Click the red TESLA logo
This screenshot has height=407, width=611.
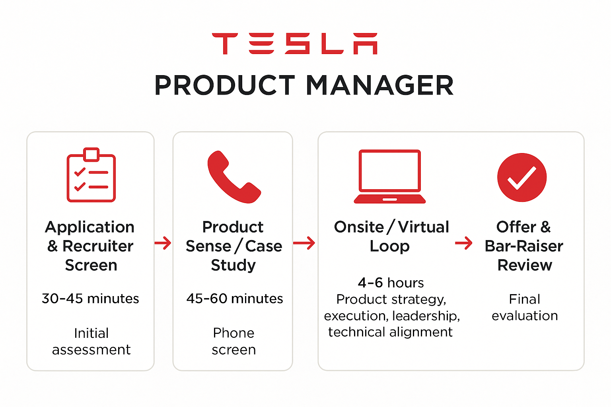pyautogui.click(x=295, y=44)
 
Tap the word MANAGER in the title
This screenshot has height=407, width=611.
pyautogui.click(x=379, y=85)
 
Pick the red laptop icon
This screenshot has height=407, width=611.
pyautogui.click(x=390, y=176)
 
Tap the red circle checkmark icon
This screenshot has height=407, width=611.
pyautogui.click(x=522, y=177)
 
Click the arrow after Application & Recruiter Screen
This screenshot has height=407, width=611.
pyautogui.click(x=163, y=242)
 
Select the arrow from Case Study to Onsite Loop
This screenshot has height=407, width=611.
pyautogui.click(x=304, y=242)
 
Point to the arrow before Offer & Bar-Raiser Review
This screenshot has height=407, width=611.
pyautogui.click(x=464, y=242)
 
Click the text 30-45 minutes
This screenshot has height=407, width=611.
pyautogui.click(x=90, y=298)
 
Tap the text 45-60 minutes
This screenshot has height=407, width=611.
pyautogui.click(x=235, y=298)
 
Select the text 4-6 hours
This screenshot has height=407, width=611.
pyautogui.click(x=391, y=283)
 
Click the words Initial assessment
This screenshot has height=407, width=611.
pyautogui.click(x=91, y=341)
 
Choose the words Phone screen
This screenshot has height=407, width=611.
pyautogui.click(x=234, y=341)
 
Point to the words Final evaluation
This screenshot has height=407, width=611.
pyautogui.click(x=525, y=307)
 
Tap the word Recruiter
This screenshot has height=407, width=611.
pyautogui.click(x=98, y=246)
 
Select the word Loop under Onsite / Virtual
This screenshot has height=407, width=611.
pyautogui.click(x=389, y=246)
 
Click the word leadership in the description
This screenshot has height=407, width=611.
pyautogui.click(x=426, y=316)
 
